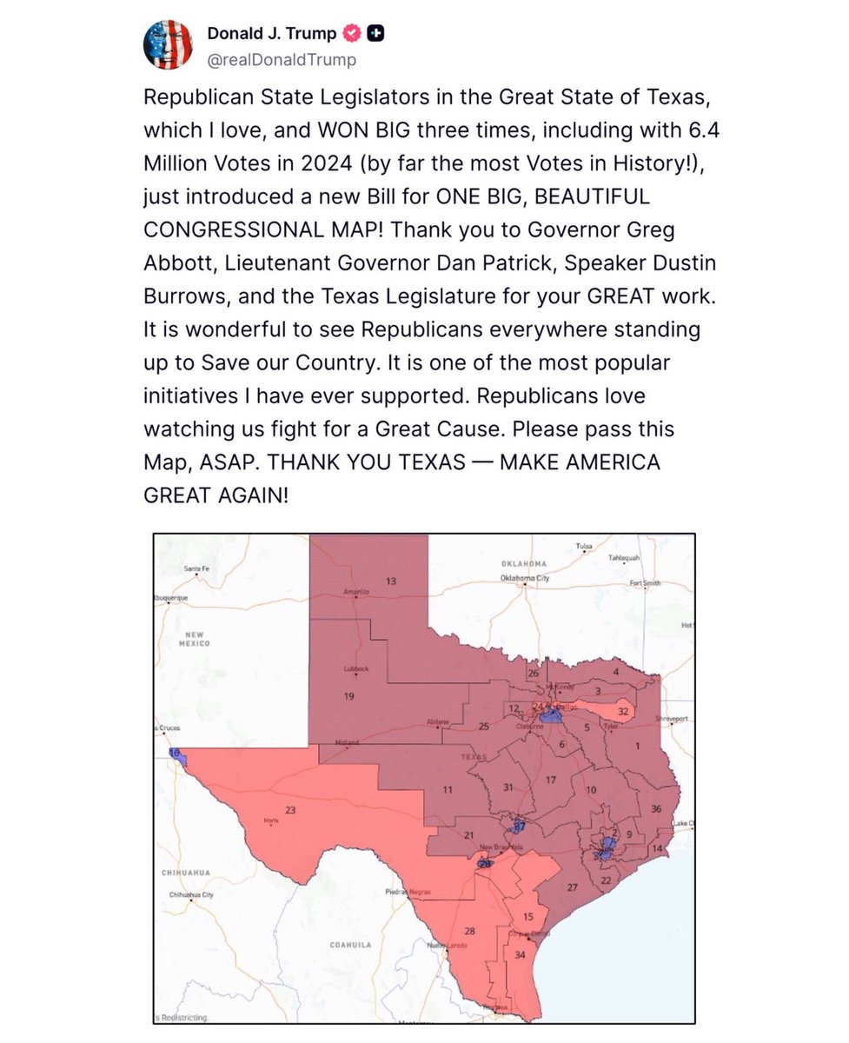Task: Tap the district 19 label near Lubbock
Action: pos(348,695)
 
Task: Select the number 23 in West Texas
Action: pos(290,810)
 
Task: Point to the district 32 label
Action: pos(622,710)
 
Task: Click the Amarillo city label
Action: pos(355,592)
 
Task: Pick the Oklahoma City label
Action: pos(524,578)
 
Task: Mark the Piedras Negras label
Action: pos(402,892)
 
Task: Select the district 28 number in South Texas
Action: pos(469,931)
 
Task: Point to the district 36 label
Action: pos(656,809)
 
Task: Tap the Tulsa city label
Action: pos(585,546)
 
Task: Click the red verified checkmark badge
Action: pos(352,33)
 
